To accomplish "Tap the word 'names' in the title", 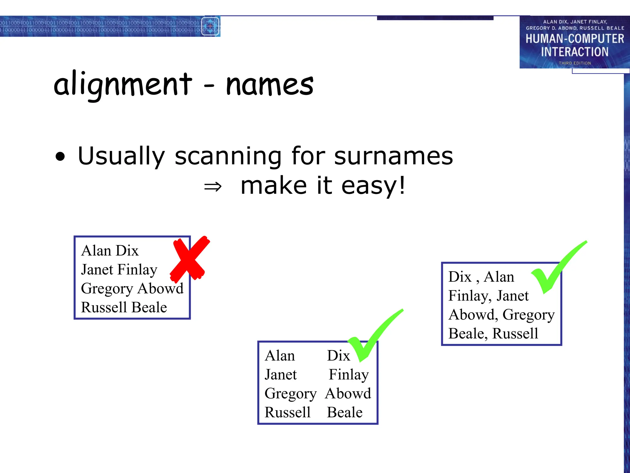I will pos(269,85).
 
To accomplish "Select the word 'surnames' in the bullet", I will pos(393,156).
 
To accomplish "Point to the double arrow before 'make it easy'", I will pos(213,187).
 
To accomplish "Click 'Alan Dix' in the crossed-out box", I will pos(110,251).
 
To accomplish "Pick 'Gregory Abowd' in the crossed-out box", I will pos(132,289).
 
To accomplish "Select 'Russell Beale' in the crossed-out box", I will pos(124,307).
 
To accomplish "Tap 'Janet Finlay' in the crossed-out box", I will pos(119,270).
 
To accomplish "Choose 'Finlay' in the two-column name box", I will pos(349,375).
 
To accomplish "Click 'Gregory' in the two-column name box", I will pos(290,394).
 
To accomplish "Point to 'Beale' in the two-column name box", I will pos(345,413).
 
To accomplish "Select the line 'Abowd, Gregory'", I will pos(501,315).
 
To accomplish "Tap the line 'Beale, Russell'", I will pos(493,334).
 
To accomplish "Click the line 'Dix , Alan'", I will pos(481,277).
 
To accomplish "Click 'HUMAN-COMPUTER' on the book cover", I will pos(575,39).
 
